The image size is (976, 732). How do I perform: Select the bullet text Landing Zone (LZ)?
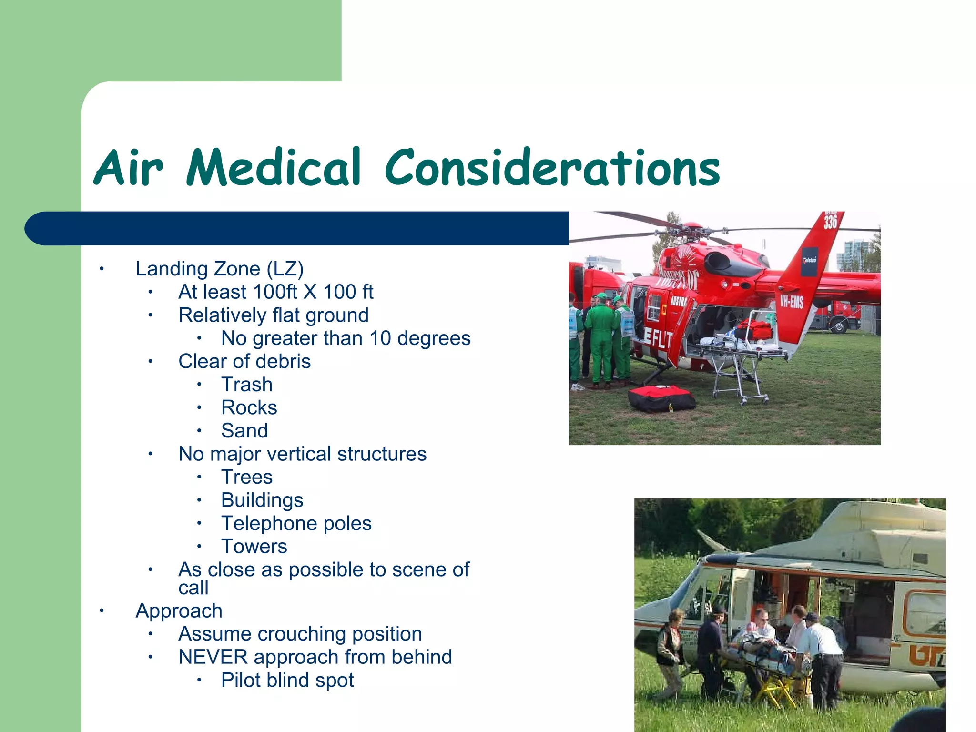[219, 269]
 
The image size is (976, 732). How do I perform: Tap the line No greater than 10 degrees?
[346, 338]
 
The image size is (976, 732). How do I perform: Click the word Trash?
[247, 385]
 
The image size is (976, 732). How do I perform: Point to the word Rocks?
[249, 408]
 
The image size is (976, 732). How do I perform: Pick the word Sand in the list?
[244, 431]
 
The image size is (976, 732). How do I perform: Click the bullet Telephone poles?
[296, 523]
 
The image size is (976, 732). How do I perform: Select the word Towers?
[254, 547]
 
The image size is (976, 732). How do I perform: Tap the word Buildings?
[262, 500]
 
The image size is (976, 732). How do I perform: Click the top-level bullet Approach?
[179, 611]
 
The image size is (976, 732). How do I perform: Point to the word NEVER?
[212, 657]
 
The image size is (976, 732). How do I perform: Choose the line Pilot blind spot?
[287, 681]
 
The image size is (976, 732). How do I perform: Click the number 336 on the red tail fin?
[830, 222]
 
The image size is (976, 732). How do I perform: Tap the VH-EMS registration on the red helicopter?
[792, 302]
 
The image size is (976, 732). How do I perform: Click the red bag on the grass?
[661, 399]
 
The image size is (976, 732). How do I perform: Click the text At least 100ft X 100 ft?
[275, 292]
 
